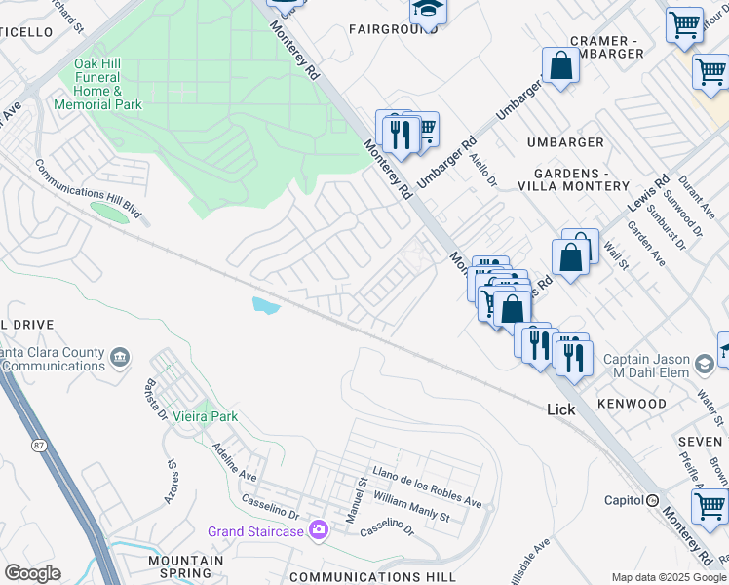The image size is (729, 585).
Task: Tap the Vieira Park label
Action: pyautogui.click(x=205, y=416)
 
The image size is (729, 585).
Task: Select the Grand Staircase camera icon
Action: pyautogui.click(x=318, y=530)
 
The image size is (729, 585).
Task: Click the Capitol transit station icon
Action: pyautogui.click(x=652, y=500)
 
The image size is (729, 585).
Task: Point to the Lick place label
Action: pyautogui.click(x=560, y=409)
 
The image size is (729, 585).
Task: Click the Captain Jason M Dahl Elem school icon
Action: pyautogui.click(x=704, y=366)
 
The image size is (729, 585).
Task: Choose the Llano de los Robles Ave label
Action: pyautogui.click(x=427, y=487)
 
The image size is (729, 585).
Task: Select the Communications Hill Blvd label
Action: pyautogui.click(x=88, y=187)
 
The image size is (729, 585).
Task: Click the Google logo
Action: pyautogui.click(x=32, y=573)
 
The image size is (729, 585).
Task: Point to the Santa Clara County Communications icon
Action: pyautogui.click(x=120, y=358)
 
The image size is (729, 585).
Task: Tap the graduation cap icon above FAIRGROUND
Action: pyautogui.click(x=426, y=10)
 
